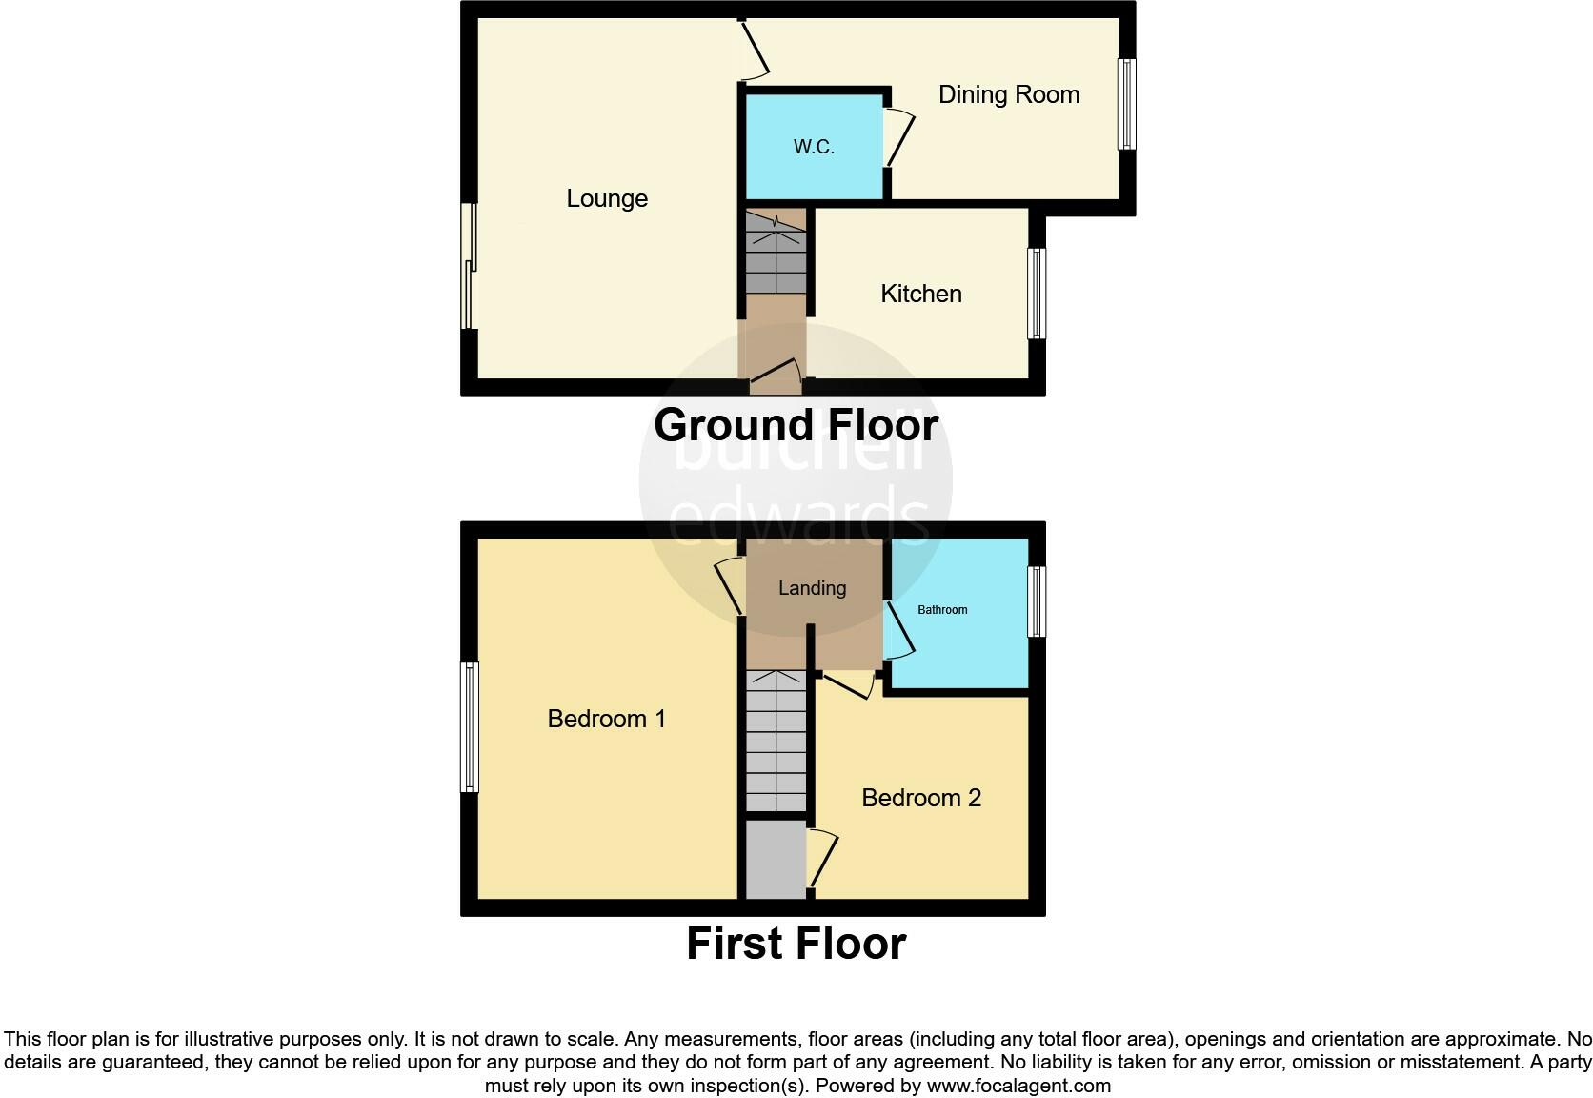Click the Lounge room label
tap(607, 198)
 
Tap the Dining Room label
tap(1008, 94)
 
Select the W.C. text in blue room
tap(814, 147)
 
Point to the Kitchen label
tap(920, 294)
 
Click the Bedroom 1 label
tap(606, 719)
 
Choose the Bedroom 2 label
tap(920, 798)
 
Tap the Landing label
tap(812, 588)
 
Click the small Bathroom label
tap(941, 610)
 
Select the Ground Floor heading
tap(796, 424)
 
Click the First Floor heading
tap(796, 944)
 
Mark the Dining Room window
tap(1126, 104)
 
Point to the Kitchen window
tap(1037, 294)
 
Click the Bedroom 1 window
tap(469, 727)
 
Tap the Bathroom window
tap(1037, 601)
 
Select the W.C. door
tap(898, 138)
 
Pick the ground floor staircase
tap(776, 253)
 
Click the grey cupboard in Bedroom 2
tap(776, 860)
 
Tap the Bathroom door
tap(898, 630)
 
